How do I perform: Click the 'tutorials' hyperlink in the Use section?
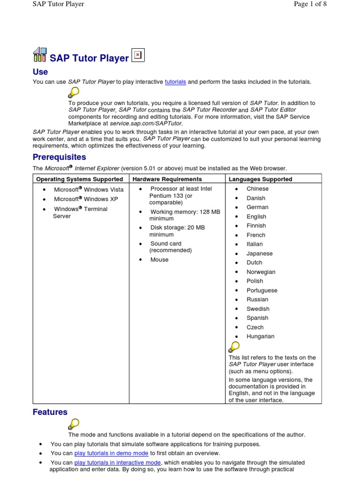pyautogui.click(x=175, y=82)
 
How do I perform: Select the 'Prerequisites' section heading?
pyautogui.click(x=59, y=157)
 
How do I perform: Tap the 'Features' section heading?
pyautogui.click(x=50, y=412)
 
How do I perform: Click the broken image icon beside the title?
pyautogui.click(x=138, y=55)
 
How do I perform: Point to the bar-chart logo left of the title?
pyautogui.click(x=40, y=55)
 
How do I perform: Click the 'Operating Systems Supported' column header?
pyautogui.click(x=80, y=179)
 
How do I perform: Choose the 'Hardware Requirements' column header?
pyautogui.click(x=167, y=179)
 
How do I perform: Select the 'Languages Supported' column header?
pyautogui.click(x=260, y=179)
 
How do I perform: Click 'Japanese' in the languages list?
pyautogui.click(x=259, y=254)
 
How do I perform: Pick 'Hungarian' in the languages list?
pyautogui.click(x=261, y=337)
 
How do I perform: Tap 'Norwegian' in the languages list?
pyautogui.click(x=261, y=272)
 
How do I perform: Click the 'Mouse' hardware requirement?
pyautogui.click(x=159, y=260)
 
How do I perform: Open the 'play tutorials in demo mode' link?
pyautogui.click(x=111, y=453)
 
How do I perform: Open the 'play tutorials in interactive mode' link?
pyautogui.click(x=118, y=463)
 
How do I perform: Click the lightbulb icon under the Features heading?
pyautogui.click(x=74, y=424)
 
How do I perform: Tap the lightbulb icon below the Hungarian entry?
pyautogui.click(x=233, y=347)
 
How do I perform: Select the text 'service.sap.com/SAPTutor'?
pyautogui.click(x=145, y=123)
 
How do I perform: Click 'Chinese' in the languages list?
pyautogui.click(x=258, y=189)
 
